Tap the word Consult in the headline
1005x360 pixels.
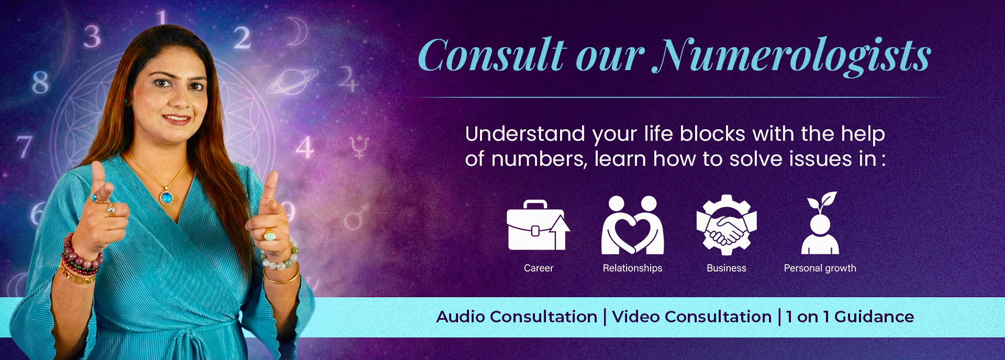pyautogui.click(x=492, y=55)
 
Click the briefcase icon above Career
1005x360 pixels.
pyautogui.click(x=538, y=225)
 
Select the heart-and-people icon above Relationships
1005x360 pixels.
pyautogui.click(x=632, y=225)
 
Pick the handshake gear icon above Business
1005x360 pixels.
pyautogui.click(x=727, y=225)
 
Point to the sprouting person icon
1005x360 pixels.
pyautogui.click(x=820, y=223)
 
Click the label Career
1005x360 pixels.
pyautogui.click(x=539, y=268)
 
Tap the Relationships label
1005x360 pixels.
pyautogui.click(x=632, y=268)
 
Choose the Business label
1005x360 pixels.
pyautogui.click(x=727, y=268)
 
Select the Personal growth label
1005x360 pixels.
pyautogui.click(x=820, y=268)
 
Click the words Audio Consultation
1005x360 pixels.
pyautogui.click(x=517, y=317)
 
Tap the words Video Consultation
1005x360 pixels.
pyautogui.click(x=692, y=317)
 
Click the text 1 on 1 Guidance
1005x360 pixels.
pyautogui.click(x=850, y=317)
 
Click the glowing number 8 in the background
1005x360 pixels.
pyautogui.click(x=40, y=82)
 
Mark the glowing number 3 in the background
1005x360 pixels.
pyautogui.click(x=92, y=37)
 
